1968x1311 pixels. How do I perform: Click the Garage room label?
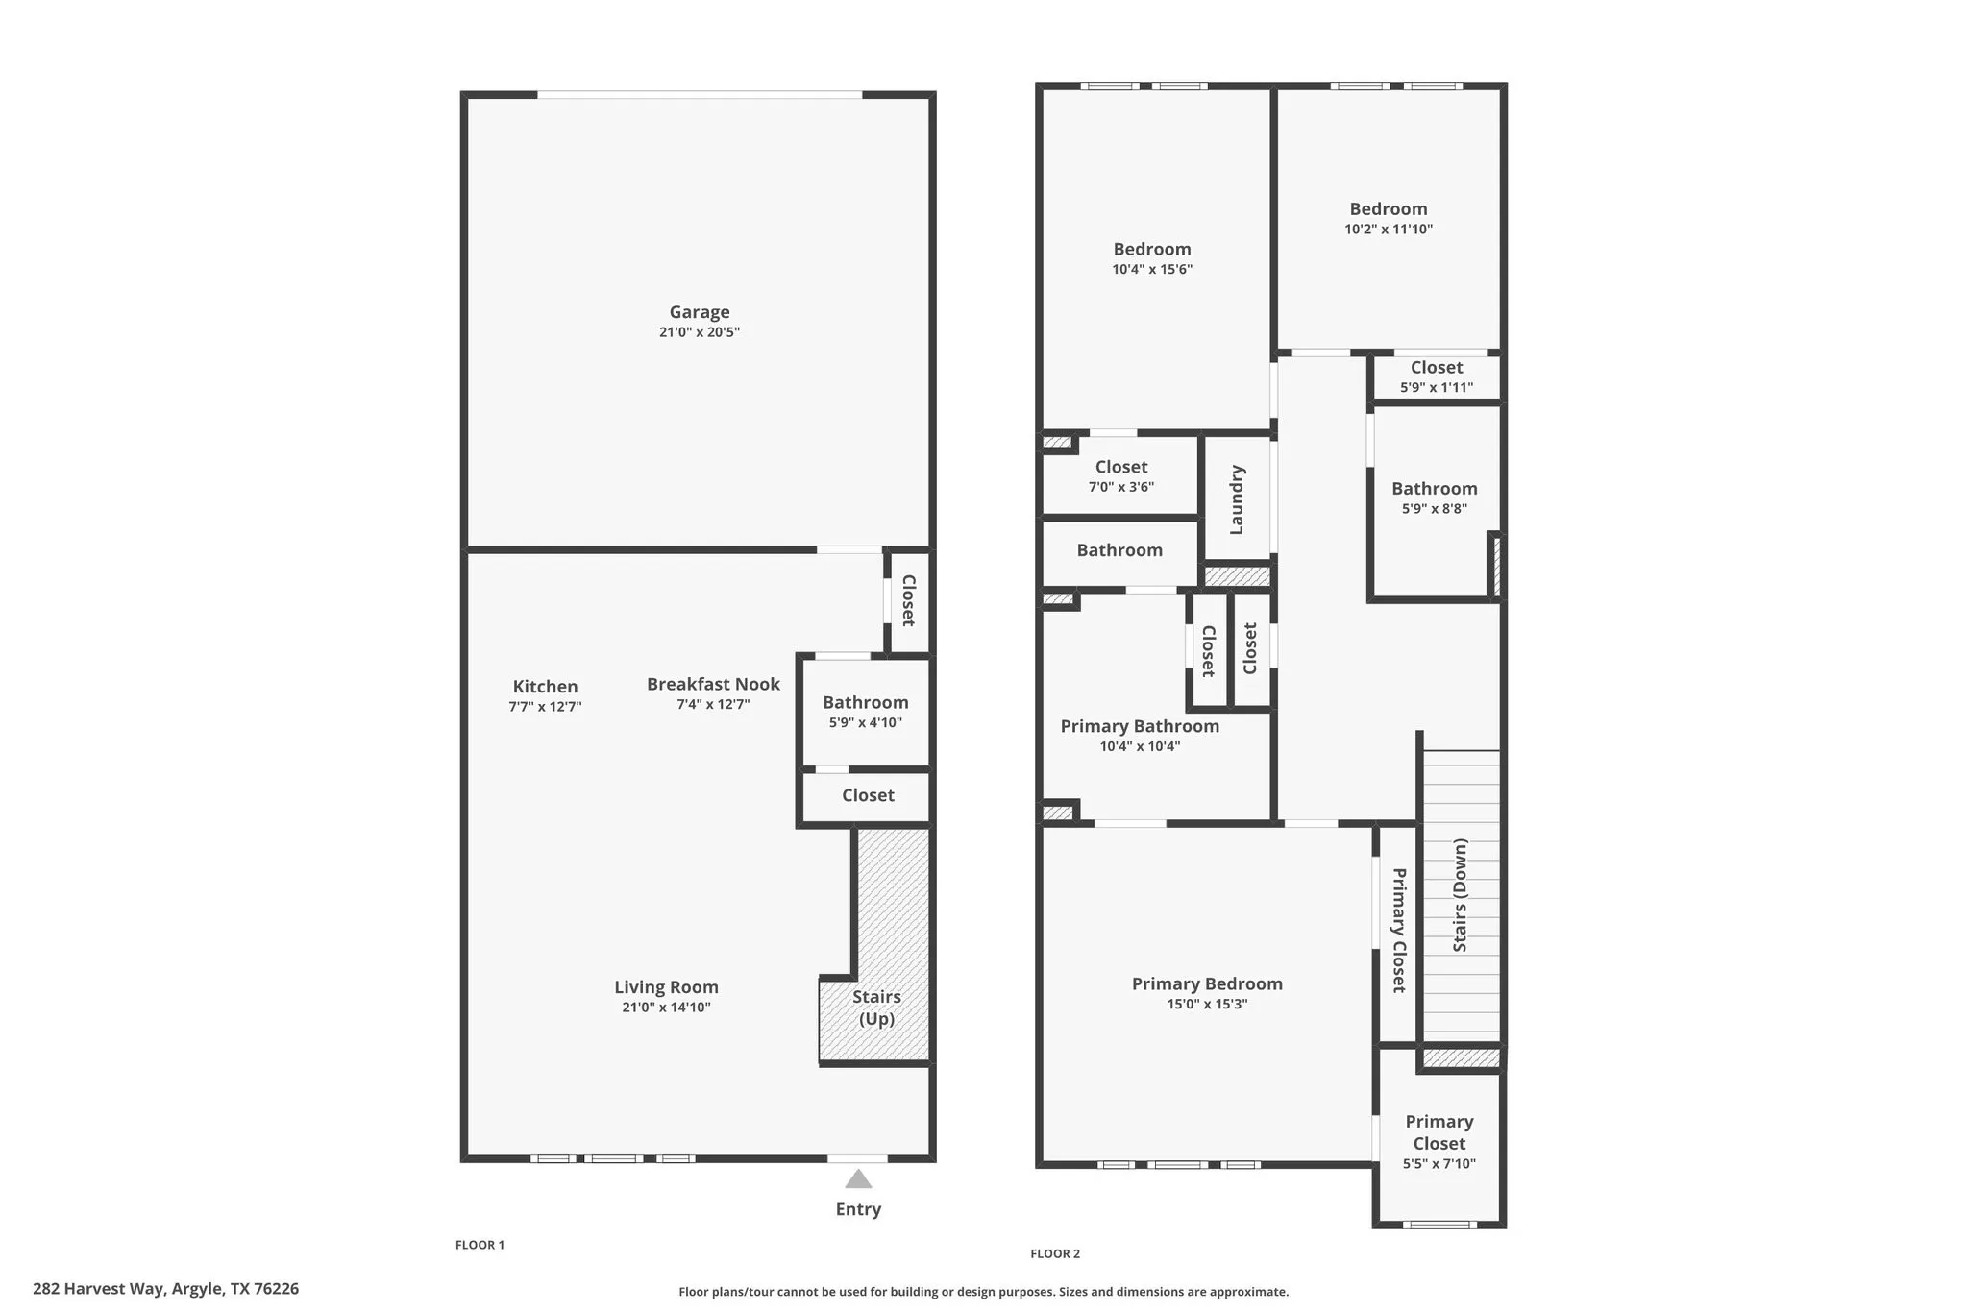[x=699, y=312]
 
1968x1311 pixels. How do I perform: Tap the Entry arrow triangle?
[x=858, y=1179]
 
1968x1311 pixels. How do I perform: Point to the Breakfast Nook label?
[x=713, y=684]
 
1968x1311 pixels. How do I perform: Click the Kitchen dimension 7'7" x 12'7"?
[x=545, y=707]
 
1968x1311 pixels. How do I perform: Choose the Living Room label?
[x=666, y=987]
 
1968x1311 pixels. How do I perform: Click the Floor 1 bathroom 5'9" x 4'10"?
[x=865, y=712]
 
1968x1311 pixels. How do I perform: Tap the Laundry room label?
[x=1237, y=499]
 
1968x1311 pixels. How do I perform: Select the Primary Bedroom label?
[x=1207, y=983]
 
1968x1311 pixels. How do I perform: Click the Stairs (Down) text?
[x=1460, y=895]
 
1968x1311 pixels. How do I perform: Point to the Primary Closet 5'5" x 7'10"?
[x=1439, y=1142]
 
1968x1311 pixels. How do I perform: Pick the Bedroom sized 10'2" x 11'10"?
[x=1388, y=218]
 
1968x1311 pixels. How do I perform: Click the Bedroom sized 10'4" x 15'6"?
[x=1152, y=258]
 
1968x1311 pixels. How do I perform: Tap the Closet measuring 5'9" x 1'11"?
[x=1437, y=376]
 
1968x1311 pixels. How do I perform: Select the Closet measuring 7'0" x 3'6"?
[x=1121, y=475]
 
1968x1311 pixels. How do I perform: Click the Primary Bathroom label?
[x=1140, y=726]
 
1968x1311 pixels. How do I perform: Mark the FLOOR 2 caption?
[x=1055, y=1253]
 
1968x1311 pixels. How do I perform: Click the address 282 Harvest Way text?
[x=165, y=1289]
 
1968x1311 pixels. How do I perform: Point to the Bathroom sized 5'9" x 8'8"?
[x=1434, y=498]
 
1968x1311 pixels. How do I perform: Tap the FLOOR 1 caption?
[x=480, y=1245]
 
